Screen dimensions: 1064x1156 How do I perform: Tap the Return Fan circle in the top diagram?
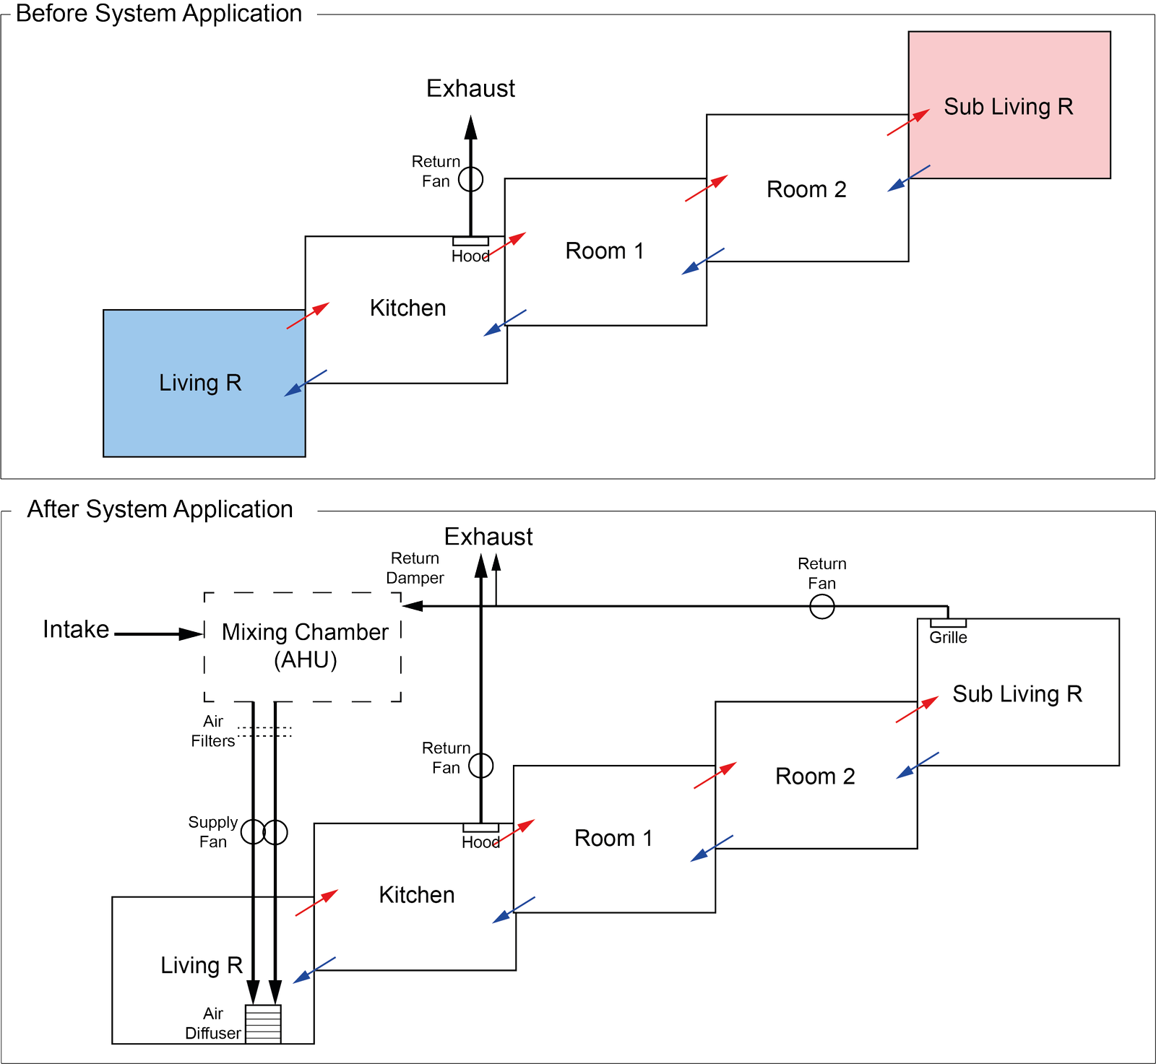[471, 179]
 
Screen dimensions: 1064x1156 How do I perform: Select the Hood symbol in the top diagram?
[470, 241]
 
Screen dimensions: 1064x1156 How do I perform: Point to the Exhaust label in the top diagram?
[470, 88]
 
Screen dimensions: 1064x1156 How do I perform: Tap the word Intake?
[76, 629]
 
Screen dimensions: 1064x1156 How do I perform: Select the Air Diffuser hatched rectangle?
[263, 1024]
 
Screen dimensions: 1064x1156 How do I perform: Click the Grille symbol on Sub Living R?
[948, 623]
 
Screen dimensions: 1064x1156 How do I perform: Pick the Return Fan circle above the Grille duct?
[822, 607]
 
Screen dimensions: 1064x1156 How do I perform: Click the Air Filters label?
[212, 731]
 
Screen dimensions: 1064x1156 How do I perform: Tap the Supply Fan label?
[212, 832]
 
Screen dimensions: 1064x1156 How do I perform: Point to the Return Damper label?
[415, 568]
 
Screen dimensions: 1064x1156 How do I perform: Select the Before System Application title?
[159, 13]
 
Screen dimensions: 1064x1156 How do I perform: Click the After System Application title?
[160, 509]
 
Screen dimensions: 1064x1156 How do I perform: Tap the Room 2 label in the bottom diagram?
[815, 777]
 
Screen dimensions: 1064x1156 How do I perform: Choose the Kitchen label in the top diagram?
[407, 308]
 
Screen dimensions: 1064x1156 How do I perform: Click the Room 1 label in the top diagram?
[604, 251]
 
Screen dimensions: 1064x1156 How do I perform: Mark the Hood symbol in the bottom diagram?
[480, 828]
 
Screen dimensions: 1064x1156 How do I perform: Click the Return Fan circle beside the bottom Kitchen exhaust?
[481, 766]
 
